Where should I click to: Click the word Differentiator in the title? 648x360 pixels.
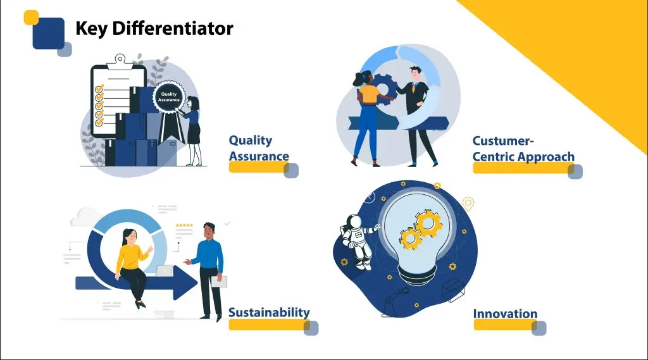(173, 28)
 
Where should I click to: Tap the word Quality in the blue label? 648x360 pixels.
(251, 140)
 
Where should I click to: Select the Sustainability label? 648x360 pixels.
(269, 312)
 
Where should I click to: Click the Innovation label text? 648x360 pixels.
(505, 314)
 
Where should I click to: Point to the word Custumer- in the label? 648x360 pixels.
(503, 140)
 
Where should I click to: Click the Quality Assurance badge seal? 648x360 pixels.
(168, 97)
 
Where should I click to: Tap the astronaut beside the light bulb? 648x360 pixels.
(358, 241)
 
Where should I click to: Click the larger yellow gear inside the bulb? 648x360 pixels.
(428, 223)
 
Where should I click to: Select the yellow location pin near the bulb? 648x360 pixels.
(468, 204)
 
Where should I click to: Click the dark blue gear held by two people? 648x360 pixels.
(383, 89)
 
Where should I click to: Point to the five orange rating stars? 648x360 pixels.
(184, 226)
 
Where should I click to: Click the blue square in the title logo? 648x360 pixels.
(49, 34)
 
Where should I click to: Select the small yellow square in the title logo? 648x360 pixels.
(31, 17)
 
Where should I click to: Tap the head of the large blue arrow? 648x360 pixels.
(185, 283)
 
